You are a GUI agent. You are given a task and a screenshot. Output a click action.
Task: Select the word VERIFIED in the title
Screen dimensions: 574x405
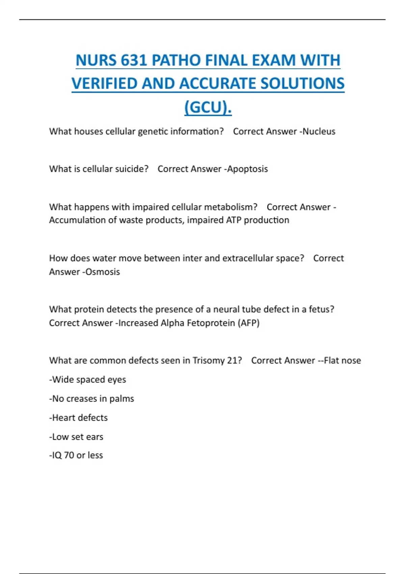pyautogui.click(x=104, y=84)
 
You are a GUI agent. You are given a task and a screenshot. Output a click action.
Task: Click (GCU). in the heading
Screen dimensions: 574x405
pyautogui.click(x=208, y=107)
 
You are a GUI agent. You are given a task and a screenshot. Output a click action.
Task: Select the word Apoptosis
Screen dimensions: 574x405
pyautogui.click(x=247, y=169)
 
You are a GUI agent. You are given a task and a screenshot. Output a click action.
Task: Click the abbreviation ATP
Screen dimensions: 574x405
pyautogui.click(x=234, y=220)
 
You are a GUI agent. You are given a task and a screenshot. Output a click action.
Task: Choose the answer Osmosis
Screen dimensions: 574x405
pyautogui.click(x=102, y=272)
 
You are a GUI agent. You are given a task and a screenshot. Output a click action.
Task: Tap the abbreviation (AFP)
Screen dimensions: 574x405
pyautogui.click(x=248, y=323)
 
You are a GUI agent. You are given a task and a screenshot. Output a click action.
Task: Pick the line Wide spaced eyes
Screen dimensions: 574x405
pyautogui.click(x=88, y=380)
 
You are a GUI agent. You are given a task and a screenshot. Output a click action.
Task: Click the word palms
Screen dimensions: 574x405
pyautogui.click(x=122, y=399)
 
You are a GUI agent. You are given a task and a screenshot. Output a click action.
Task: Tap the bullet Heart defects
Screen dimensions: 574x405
pyautogui.click(x=79, y=418)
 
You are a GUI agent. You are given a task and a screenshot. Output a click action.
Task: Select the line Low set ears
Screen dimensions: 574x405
pyautogui.click(x=76, y=437)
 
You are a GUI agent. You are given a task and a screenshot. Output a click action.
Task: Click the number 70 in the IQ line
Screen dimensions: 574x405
pyautogui.click(x=69, y=455)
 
